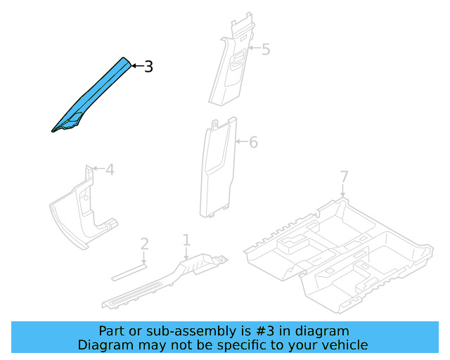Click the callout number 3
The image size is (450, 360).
148,67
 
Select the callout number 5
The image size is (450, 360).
265,49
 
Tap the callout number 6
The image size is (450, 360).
253,142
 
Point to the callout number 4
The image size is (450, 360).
110,169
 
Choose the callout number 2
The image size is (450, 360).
144,244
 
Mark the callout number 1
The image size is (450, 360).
186,240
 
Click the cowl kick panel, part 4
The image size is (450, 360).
81,211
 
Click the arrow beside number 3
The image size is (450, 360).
136,66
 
